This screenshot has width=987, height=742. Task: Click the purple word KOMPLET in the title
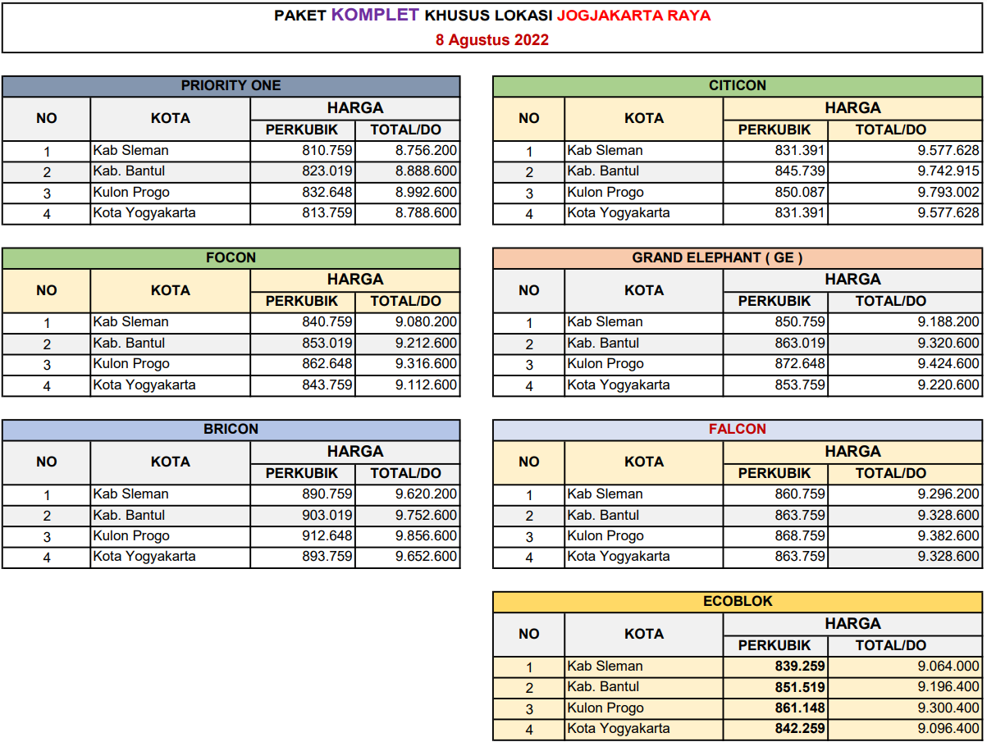tap(375, 15)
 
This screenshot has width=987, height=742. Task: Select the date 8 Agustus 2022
tap(492, 39)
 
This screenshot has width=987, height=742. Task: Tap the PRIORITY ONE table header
tap(231, 85)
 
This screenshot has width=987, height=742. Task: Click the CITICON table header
tap(738, 85)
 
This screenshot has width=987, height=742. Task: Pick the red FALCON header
tap(738, 429)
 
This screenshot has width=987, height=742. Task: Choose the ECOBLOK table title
tap(738, 601)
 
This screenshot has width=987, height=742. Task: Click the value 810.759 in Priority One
tap(327, 150)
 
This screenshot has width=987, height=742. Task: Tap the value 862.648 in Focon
tap(327, 364)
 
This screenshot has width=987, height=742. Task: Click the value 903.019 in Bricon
tap(327, 515)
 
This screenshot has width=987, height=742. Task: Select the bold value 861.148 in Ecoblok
tap(800, 708)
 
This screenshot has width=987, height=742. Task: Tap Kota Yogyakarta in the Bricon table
tap(144, 557)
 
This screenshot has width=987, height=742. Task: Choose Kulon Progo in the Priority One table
tap(131, 193)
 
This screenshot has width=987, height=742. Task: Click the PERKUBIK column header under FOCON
tap(302, 301)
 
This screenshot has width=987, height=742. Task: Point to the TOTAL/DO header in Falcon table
tap(890, 473)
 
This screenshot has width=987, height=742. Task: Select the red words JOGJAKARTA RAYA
tap(633, 16)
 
